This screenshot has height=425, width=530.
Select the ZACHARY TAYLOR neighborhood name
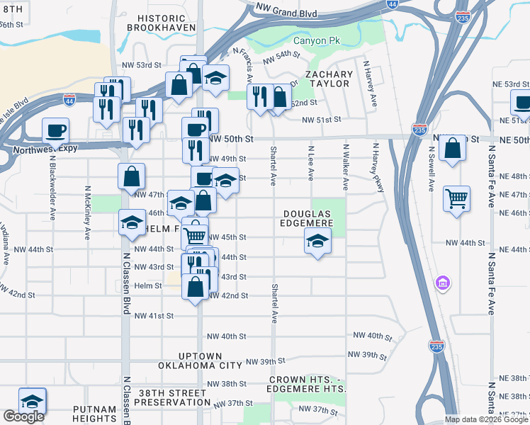pos(329,79)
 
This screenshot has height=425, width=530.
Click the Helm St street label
pos(148,285)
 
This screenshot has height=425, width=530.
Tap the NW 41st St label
pos(154,315)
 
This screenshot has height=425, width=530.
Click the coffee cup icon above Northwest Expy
pos(55,130)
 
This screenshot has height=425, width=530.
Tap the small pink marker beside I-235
pos(443,283)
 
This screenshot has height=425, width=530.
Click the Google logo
pos(23,416)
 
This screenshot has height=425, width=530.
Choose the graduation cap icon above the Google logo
pos(32,400)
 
